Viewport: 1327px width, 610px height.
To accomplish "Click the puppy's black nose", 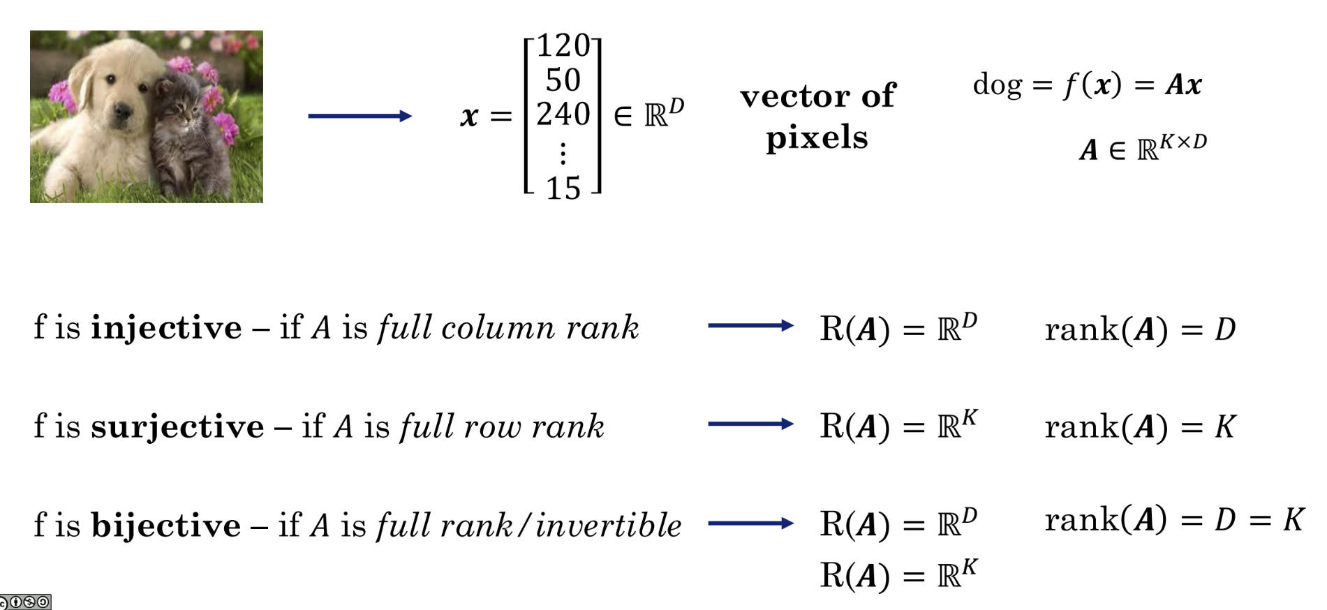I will click(x=123, y=110).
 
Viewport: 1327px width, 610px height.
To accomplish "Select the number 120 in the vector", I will click(x=563, y=47).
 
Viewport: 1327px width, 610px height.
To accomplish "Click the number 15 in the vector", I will click(x=563, y=188).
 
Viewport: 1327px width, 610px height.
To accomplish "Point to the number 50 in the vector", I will click(x=563, y=80).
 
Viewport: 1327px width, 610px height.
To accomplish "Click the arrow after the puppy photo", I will click(x=359, y=116).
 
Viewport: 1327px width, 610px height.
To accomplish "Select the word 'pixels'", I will click(x=817, y=137).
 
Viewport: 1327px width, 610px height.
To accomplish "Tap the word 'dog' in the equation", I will click(x=997, y=84).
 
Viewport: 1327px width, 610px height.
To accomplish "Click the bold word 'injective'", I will click(x=166, y=328).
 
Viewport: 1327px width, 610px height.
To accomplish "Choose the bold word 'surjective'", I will click(x=177, y=426).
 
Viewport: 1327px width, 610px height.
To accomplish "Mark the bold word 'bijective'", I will click(x=165, y=526).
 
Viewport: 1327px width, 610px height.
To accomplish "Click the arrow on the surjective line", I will click(x=750, y=424).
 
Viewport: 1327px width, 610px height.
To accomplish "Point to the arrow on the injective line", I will click(x=750, y=325).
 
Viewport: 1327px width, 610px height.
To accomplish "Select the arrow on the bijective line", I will click(x=750, y=523).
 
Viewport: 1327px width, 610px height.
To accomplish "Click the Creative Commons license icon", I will click(x=25, y=602).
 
